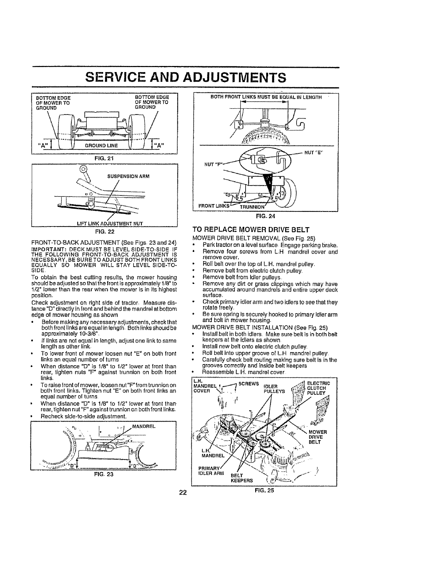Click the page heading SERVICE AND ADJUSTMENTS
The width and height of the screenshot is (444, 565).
coord(186,77)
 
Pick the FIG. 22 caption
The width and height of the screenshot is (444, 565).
coord(105,231)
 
